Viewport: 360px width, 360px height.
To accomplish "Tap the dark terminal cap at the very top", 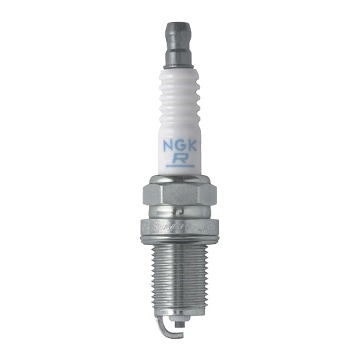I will tap(178, 32).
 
